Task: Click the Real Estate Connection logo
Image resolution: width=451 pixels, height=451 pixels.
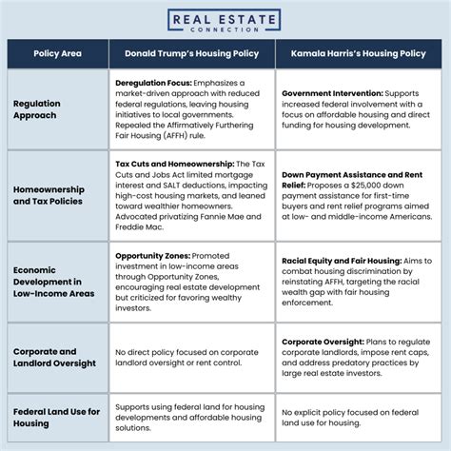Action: click(225, 22)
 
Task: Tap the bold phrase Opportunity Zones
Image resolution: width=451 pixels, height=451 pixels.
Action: click(152, 255)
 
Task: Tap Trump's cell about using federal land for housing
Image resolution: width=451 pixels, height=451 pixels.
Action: click(189, 418)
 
